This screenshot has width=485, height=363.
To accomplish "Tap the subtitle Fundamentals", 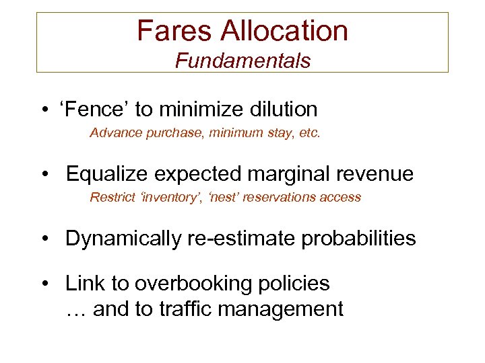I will (243, 61).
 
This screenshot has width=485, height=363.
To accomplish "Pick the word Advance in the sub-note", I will (113, 132).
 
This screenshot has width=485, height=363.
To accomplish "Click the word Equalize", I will (107, 173).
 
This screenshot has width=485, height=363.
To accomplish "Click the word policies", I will (292, 284).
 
